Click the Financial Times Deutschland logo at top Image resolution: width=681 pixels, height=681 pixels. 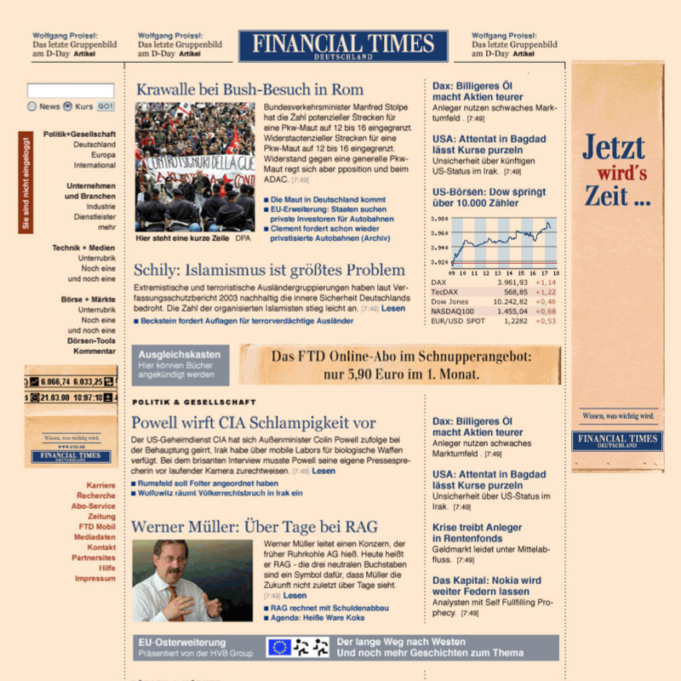(x=343, y=46)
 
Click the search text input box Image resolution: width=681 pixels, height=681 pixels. (x=71, y=90)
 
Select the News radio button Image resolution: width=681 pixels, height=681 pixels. (x=32, y=107)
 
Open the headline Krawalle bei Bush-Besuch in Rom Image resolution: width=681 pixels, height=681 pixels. (x=249, y=89)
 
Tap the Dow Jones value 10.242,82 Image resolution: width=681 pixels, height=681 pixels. (x=512, y=300)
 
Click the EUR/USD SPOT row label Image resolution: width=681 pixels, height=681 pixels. (x=458, y=321)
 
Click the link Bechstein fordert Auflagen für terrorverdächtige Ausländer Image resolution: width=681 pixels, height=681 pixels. (x=246, y=321)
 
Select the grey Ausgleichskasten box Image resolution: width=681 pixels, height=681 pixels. (x=180, y=364)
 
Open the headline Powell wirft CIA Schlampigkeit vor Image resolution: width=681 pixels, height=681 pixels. (x=253, y=422)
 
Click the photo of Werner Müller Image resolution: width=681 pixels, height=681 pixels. (x=192, y=581)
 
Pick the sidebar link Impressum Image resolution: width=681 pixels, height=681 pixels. (x=95, y=579)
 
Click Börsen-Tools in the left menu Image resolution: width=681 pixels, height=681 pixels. (x=94, y=340)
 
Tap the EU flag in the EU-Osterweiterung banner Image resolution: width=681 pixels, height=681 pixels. (x=279, y=648)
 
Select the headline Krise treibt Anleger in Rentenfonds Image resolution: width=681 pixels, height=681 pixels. (x=477, y=533)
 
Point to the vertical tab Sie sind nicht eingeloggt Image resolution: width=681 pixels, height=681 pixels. (x=26, y=182)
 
